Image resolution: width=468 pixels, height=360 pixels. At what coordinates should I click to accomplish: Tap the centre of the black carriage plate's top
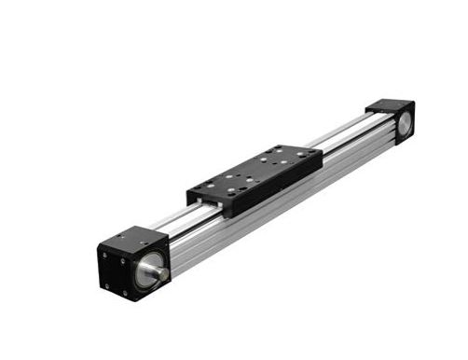coord(255,168)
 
